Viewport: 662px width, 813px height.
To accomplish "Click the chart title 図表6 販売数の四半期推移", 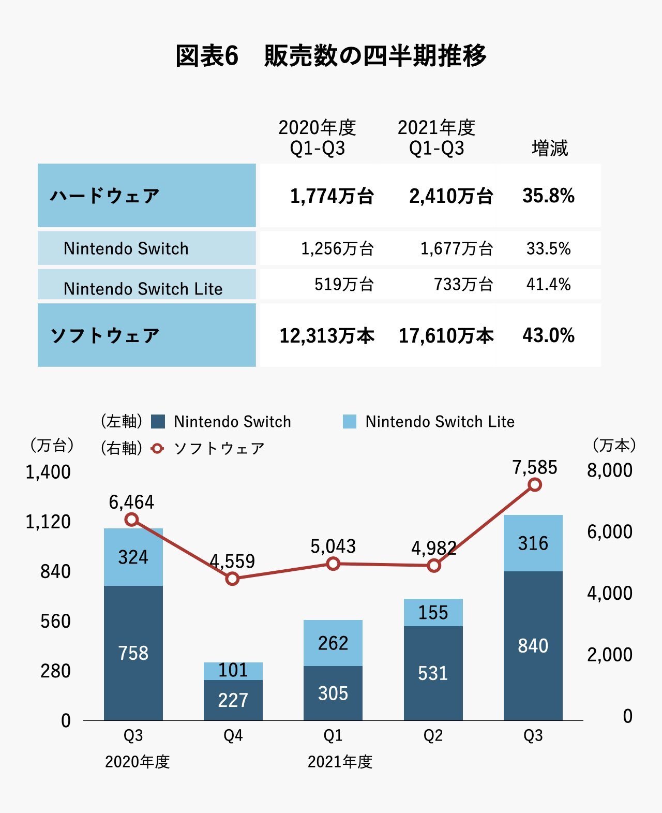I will pos(331,55).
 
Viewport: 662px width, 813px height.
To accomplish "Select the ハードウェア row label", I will pos(105,196).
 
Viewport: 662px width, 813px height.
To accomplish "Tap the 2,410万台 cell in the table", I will pos(450,196).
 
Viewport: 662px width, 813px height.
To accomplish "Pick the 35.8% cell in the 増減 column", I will pos(548,196).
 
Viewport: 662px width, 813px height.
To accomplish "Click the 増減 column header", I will pos(549,148).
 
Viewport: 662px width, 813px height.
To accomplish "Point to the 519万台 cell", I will pos(344,284).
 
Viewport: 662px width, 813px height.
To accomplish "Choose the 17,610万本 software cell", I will pos(446,335).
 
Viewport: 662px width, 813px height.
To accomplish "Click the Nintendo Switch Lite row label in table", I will pos(143,288).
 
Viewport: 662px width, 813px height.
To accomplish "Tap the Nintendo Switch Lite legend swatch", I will pos(350,421).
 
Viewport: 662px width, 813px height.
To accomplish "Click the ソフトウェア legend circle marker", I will pos(157,448).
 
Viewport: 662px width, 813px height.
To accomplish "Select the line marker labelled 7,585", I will pos(535,485).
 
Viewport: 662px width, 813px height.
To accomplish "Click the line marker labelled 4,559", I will pos(233,579).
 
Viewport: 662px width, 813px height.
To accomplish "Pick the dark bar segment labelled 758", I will pos(133,653).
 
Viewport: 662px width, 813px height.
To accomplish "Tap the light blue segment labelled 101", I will pos(233,671).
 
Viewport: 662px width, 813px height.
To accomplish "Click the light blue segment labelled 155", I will pos(433,613).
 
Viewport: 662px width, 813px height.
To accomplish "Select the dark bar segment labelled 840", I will pos(533,646).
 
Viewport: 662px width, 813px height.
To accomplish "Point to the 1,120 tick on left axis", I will pos(48,522).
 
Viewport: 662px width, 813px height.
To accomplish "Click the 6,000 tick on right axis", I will pos(609,531).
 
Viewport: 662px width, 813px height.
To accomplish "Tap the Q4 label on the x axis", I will pos(233,735).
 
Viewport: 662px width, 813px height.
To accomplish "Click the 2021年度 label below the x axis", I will pos(340,762).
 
